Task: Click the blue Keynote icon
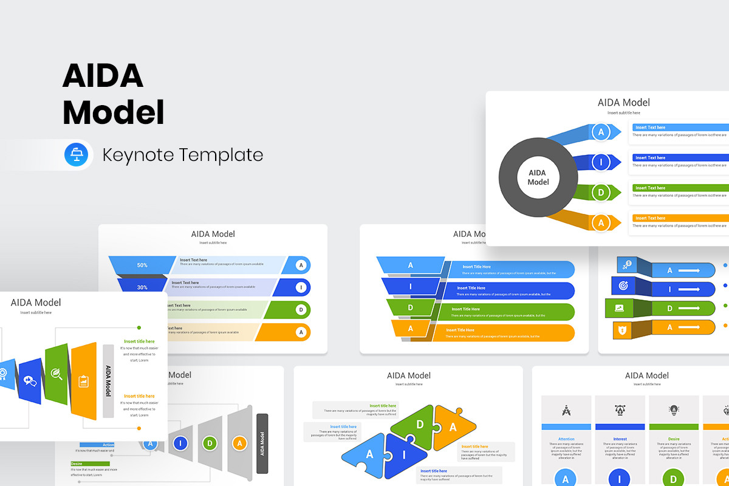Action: pyautogui.click(x=77, y=154)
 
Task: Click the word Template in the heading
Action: pyautogui.click(x=222, y=155)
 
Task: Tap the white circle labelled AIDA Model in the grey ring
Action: pyautogui.click(x=538, y=177)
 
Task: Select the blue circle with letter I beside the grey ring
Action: pyautogui.click(x=601, y=162)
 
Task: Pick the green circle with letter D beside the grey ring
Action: pyautogui.click(x=601, y=193)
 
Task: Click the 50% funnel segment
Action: pyautogui.click(x=142, y=265)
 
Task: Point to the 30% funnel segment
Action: pyautogui.click(x=142, y=287)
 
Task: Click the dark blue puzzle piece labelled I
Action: pyautogui.click(x=402, y=454)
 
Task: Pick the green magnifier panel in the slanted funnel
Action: pyautogui.click(x=56, y=374)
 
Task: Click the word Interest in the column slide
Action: pyautogui.click(x=620, y=439)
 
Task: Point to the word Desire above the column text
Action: pyautogui.click(x=674, y=439)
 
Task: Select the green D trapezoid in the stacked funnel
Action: pyautogui.click(x=411, y=307)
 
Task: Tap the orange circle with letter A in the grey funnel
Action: pyautogui.click(x=239, y=443)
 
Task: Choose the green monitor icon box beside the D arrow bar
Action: pyautogui.click(x=620, y=308)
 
